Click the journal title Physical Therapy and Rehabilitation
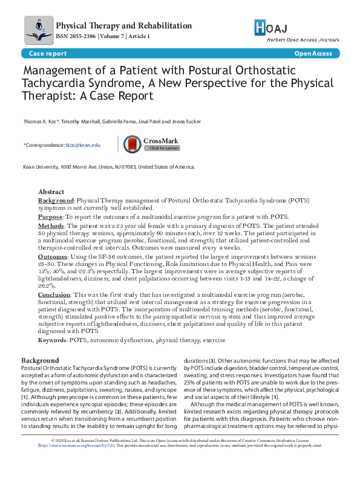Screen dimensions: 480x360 click(123, 26)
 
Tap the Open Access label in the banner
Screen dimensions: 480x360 click(313, 54)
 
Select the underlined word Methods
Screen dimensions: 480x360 click(50, 225)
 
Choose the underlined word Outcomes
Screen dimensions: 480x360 click(53, 257)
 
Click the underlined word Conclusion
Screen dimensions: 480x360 click(54, 294)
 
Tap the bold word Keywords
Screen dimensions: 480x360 click(52, 341)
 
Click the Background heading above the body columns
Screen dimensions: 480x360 click(39, 360)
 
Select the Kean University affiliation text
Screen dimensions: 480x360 click(108, 167)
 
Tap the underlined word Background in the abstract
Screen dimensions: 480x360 click(56, 200)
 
